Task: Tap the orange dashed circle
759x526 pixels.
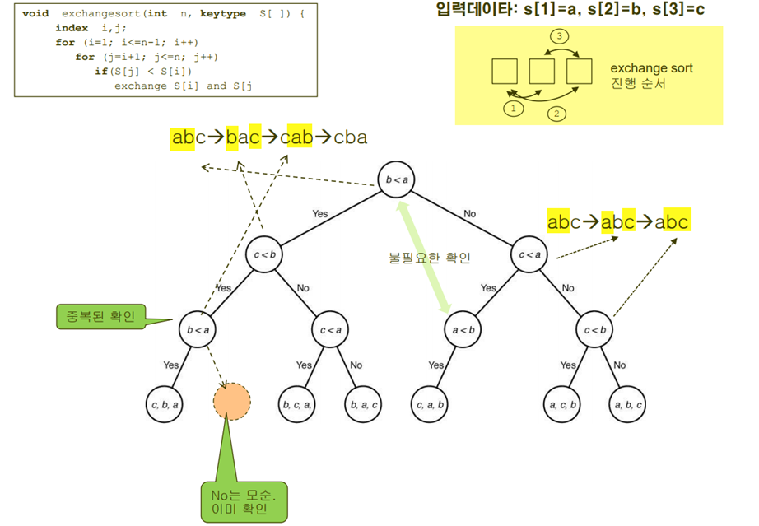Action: (x=231, y=402)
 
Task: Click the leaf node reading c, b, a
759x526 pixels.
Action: (x=165, y=403)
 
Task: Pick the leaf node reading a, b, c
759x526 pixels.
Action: (x=628, y=404)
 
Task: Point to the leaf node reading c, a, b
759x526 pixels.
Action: (x=430, y=404)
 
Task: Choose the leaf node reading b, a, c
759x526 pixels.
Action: (x=363, y=404)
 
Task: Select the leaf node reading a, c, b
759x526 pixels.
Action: (x=563, y=404)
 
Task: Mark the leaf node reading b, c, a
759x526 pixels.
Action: (x=296, y=404)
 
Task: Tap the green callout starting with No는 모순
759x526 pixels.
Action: (x=244, y=501)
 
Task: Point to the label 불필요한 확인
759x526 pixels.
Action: (x=429, y=258)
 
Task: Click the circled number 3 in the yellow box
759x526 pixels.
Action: (x=560, y=37)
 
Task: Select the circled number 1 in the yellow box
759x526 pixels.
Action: (x=514, y=108)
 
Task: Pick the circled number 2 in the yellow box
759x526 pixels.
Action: (x=557, y=114)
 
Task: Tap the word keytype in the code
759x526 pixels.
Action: (x=221, y=14)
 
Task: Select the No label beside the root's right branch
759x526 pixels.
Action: (x=469, y=214)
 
